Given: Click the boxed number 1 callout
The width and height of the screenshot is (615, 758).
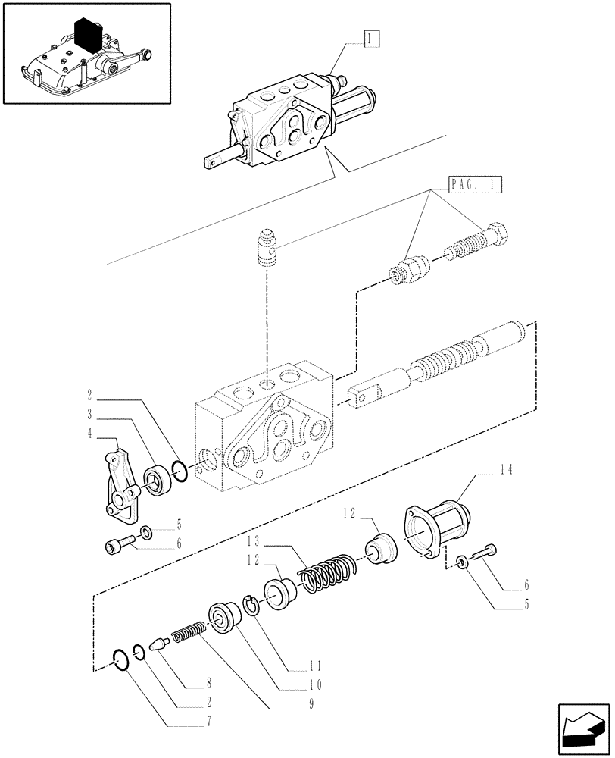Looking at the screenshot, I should pos(370,37).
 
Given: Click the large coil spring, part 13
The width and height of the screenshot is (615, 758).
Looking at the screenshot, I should pos(325,571).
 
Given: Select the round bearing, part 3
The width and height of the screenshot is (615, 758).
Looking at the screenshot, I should pos(159,480).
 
